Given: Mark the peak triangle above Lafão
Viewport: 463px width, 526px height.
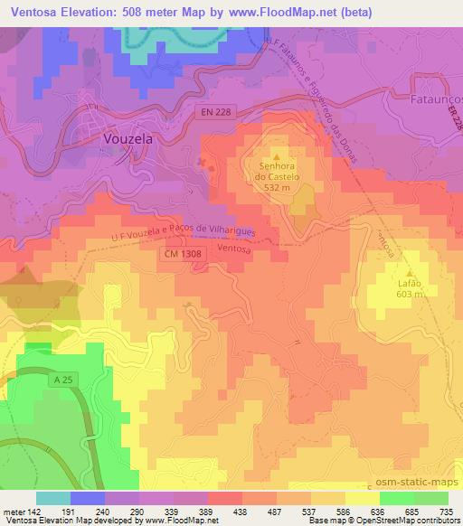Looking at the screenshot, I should click(409, 271).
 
